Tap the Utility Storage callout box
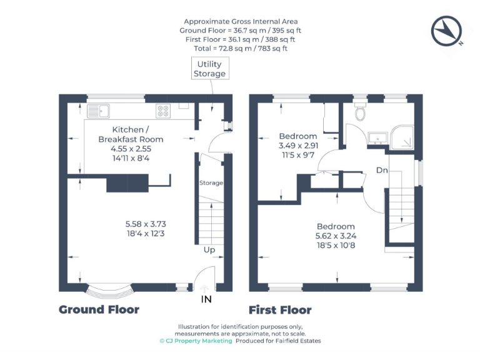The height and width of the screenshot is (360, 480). [x=209, y=69]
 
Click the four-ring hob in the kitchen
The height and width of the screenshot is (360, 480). [x=163, y=111]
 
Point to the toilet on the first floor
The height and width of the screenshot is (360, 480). [x=360, y=112]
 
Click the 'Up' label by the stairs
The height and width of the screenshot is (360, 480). [x=209, y=250]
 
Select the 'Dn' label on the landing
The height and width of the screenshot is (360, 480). [x=382, y=170]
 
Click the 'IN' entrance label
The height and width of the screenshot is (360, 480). [x=206, y=300]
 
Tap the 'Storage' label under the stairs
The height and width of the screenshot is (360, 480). [x=211, y=183]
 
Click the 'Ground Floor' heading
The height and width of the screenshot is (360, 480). [x=99, y=310]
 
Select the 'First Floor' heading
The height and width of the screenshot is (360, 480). [x=280, y=310]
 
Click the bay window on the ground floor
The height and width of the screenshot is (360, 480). [x=109, y=290]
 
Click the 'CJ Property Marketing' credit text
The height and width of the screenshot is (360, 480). [x=196, y=341]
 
